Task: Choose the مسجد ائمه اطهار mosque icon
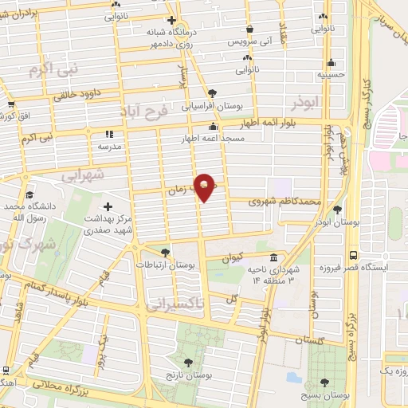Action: (213, 127)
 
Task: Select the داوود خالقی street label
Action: (84, 95)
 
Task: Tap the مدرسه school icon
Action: (110, 134)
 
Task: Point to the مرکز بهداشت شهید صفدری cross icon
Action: (108, 206)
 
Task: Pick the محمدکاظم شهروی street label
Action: (277, 202)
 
